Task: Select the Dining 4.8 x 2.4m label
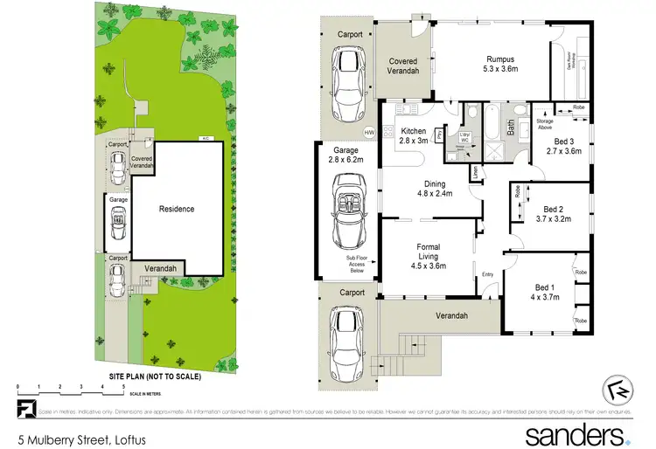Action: (435, 190)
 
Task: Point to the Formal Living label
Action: (428, 252)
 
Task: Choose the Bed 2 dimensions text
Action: (552, 220)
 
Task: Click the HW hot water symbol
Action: (369, 132)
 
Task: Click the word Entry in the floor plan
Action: (487, 276)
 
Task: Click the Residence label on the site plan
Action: (176, 210)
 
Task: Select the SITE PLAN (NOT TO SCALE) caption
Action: (155, 376)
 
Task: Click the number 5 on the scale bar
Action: (124, 386)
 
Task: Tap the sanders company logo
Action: (575, 433)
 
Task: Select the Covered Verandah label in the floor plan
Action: (404, 66)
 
